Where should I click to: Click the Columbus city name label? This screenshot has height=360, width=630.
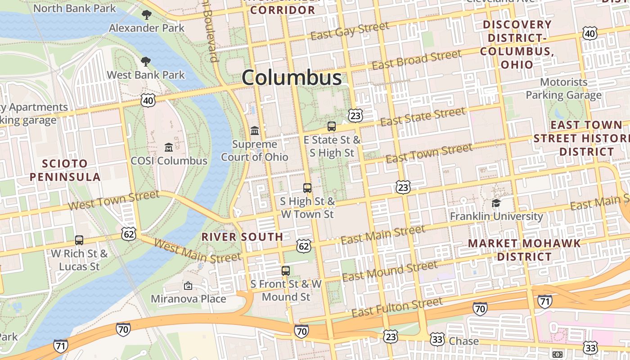[292, 78]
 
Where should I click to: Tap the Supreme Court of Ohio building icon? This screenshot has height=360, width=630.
[255, 131]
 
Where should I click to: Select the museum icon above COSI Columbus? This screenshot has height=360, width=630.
[169, 147]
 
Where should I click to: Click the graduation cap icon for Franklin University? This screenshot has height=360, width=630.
[496, 203]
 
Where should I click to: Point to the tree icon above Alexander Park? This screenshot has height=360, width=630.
[146, 15]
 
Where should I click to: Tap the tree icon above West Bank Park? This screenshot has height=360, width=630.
[146, 62]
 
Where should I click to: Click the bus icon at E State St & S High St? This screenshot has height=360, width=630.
[332, 126]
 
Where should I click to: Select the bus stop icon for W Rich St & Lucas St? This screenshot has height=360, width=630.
[79, 240]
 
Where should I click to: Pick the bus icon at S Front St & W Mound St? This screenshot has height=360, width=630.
[286, 271]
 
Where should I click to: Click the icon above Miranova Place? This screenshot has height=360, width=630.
[188, 286]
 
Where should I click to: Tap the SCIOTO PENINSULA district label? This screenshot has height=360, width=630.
[65, 170]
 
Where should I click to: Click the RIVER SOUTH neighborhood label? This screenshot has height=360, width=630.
[242, 237]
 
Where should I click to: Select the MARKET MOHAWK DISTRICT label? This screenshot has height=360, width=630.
[524, 250]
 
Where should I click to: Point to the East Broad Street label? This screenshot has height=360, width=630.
[416, 60]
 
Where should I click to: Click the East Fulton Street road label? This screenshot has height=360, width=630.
[397, 307]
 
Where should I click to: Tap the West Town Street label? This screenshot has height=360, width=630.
[114, 201]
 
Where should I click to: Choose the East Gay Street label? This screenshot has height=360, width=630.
[350, 31]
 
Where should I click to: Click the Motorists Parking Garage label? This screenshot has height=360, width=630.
[563, 89]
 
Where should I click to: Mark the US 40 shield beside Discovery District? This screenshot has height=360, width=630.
[589, 33]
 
